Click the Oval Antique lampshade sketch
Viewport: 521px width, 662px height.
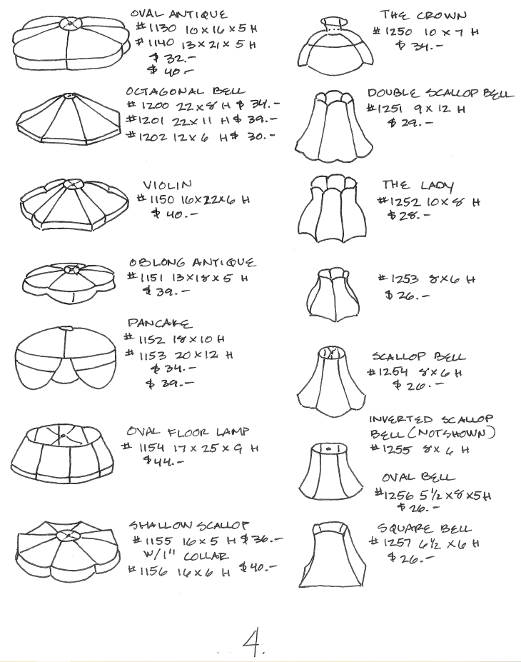coord(71,44)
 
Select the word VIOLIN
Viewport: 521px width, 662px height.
coord(168,185)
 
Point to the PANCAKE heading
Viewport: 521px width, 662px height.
coord(159,324)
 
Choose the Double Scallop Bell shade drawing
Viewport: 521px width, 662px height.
coord(334,126)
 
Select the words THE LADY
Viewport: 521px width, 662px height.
coord(418,185)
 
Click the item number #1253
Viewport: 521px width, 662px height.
coord(398,279)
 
